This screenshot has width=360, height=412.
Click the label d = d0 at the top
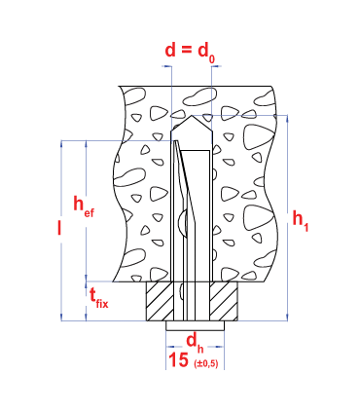tap(190, 53)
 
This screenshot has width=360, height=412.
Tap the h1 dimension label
tap(301, 220)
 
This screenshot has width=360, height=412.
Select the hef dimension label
tap(84, 206)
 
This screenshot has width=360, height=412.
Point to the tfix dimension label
tap(98, 298)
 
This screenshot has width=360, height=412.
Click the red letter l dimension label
tap(59, 227)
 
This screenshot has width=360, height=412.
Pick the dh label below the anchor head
tap(195, 344)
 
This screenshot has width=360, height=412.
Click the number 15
tap(179, 360)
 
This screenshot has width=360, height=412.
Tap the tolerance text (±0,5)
tap(206, 364)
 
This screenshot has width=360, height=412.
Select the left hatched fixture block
tap(160, 302)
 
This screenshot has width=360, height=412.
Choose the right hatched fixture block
tap(224, 302)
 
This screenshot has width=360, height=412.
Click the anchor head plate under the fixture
tap(196, 326)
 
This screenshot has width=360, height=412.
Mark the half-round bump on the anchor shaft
tap(183, 223)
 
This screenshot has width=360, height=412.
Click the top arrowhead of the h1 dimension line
tap(287, 119)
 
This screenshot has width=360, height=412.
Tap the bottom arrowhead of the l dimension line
tap(61, 318)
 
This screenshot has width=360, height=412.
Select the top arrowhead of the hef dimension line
tap(86, 144)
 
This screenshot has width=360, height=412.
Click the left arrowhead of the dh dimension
tap(169, 347)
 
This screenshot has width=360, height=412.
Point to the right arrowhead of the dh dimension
tap(221, 347)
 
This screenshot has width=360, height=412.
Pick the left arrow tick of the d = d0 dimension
tap(167, 66)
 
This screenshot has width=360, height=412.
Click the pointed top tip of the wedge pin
tap(175, 141)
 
